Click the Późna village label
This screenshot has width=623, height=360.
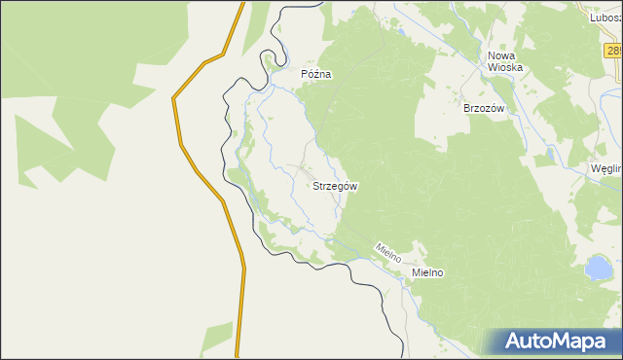click(316, 74)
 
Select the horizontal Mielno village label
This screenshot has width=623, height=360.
click(427, 273)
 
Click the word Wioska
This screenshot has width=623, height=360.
click(505, 68)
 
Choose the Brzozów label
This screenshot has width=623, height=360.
click(484, 108)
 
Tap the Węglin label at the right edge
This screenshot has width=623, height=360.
click(606, 167)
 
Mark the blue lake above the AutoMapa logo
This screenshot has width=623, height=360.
click(596, 266)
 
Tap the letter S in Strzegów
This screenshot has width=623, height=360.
click(315, 186)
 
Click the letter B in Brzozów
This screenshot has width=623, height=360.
click(467, 108)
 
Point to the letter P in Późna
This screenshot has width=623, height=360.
click(305, 74)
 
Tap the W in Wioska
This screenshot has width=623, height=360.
click(492, 68)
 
